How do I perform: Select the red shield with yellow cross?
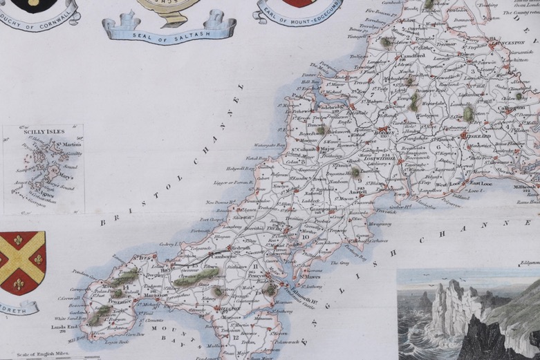pyautogui.click(x=22, y=262)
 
